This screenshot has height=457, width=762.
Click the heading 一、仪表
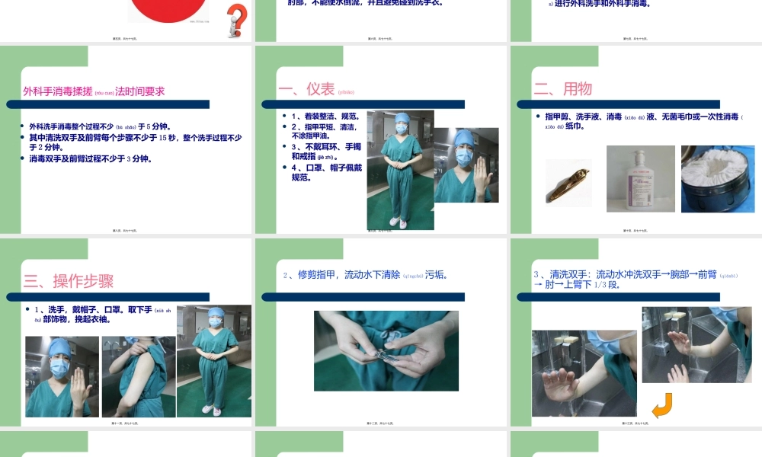(x=306, y=89)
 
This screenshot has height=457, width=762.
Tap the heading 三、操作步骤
(x=69, y=280)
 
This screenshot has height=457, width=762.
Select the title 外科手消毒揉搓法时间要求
(x=93, y=91)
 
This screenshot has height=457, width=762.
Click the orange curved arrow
(x=661, y=405)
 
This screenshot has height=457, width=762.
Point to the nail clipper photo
(x=568, y=181)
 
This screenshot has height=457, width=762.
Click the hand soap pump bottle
(x=640, y=178)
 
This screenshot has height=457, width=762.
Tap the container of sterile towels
(x=717, y=179)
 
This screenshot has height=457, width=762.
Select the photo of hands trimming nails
(x=386, y=350)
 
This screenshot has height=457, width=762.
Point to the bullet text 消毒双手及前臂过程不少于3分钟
(x=91, y=159)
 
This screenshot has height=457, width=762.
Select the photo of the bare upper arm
(x=138, y=376)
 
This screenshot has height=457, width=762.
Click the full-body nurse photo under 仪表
(x=400, y=170)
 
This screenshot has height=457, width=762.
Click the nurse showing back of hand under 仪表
(x=466, y=165)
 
